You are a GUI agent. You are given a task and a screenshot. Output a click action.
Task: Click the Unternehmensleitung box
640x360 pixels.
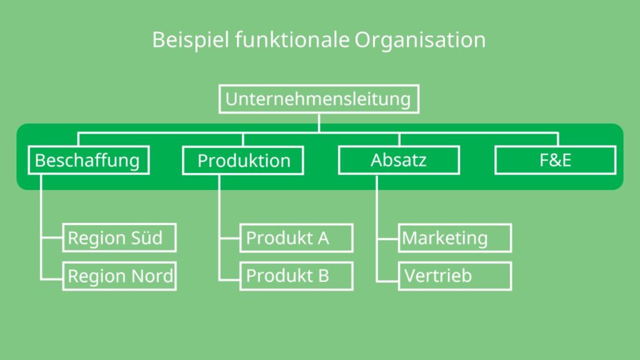click(x=319, y=99)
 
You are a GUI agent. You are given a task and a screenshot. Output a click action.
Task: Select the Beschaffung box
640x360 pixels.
click(x=89, y=161)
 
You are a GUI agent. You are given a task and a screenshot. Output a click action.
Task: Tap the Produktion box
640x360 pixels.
click(x=243, y=161)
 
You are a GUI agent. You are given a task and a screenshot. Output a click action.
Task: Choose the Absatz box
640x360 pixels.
click(x=399, y=161)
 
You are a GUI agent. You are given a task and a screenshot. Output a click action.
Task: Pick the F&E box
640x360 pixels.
click(x=555, y=161)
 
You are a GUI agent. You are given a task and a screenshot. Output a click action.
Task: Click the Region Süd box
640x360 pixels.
click(x=119, y=237)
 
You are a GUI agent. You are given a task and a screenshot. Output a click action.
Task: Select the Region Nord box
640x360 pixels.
click(x=119, y=276)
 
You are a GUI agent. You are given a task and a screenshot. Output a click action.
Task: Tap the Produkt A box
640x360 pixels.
click(x=296, y=238)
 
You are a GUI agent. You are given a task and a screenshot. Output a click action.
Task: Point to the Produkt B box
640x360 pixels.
click(x=296, y=276)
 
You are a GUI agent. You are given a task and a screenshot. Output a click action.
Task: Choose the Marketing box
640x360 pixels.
click(x=455, y=238)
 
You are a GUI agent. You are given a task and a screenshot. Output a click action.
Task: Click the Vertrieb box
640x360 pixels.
click(x=455, y=276)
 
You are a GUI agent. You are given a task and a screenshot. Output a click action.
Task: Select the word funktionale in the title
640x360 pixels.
click(x=292, y=40)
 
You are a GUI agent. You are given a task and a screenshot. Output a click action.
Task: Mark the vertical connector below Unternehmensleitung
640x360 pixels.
click(x=319, y=123)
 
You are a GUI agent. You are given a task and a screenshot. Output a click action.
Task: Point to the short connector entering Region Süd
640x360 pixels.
click(x=52, y=237)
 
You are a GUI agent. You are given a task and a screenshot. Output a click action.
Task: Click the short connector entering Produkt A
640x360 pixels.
click(x=229, y=237)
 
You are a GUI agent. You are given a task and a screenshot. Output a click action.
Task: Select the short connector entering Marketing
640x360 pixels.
click(x=387, y=238)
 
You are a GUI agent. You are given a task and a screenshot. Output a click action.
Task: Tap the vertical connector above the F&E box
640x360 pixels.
click(x=557, y=139)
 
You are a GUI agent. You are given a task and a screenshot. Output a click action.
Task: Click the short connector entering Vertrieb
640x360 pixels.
click(x=387, y=281)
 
